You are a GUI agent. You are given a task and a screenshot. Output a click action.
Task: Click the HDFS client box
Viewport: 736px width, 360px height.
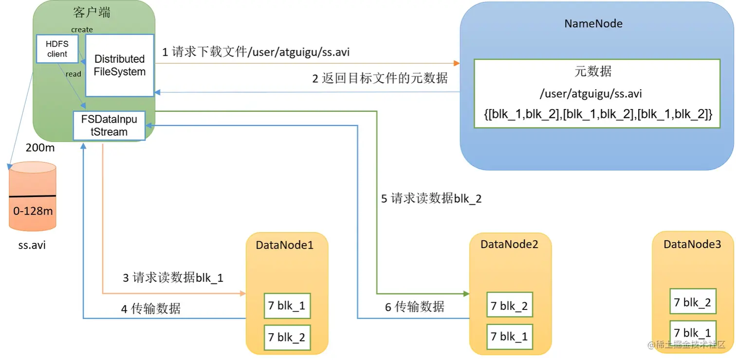[57, 49]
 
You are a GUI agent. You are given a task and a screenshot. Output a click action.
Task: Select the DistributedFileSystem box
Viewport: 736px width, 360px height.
[120, 65]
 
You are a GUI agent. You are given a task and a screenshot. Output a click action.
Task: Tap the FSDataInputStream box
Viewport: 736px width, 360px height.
[109, 126]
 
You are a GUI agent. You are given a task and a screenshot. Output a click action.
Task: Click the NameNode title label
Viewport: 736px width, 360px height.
[593, 24]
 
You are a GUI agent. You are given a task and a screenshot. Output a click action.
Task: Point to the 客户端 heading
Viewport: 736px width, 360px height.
[92, 12]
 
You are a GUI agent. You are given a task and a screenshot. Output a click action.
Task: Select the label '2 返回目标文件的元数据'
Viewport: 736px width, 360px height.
[380, 78]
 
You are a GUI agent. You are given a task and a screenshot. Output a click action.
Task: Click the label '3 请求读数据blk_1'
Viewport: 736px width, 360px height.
[173, 278]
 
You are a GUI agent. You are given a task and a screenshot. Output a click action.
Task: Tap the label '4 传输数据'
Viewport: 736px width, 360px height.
[150, 308]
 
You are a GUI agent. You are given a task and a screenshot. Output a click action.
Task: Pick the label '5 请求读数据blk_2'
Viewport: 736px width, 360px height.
[431, 198]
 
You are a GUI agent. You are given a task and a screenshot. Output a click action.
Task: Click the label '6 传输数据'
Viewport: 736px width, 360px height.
[414, 306]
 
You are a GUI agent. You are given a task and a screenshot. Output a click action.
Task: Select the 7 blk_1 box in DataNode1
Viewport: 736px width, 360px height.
[287, 306]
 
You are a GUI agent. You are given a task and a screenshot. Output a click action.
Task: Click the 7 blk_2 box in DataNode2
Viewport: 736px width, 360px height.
[509, 306]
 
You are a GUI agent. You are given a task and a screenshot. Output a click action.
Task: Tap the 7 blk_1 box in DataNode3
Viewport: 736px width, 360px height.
[692, 333]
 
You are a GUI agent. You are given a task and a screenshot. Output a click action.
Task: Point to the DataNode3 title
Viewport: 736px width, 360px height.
[692, 244]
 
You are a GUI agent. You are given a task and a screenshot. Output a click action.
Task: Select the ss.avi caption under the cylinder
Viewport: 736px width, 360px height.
[32, 245]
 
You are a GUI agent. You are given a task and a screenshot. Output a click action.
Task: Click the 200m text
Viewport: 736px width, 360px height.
[40, 148]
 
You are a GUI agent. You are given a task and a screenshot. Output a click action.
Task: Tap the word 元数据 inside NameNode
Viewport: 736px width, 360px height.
[593, 72]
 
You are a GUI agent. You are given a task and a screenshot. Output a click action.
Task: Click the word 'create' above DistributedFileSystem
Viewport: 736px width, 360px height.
[82, 30]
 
